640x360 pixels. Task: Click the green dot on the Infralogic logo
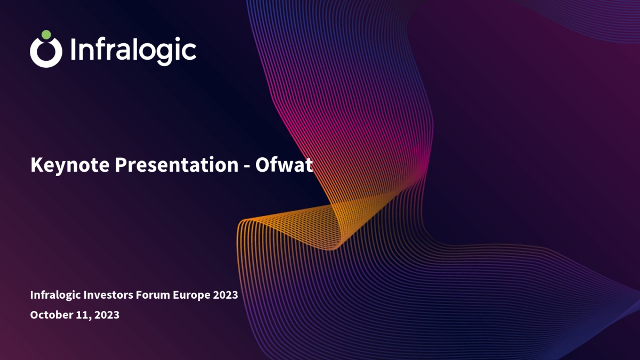(46, 35)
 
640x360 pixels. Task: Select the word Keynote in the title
(70, 165)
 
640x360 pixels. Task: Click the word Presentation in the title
(177, 165)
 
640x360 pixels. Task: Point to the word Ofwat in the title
(284, 165)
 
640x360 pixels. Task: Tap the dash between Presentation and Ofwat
(247, 166)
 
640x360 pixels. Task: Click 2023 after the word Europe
(226, 295)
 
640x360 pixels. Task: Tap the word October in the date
(51, 315)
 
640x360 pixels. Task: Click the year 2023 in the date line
(107, 315)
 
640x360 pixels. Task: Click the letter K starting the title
(37, 165)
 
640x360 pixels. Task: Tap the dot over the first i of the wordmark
(74, 39)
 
